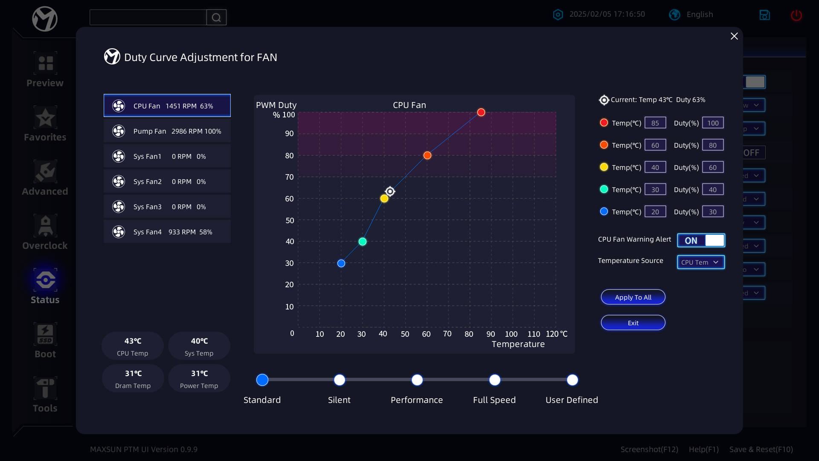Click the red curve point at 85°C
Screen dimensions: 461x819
[x=481, y=112]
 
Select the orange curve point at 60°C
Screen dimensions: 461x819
[x=427, y=155]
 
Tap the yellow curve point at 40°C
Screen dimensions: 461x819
[x=384, y=198]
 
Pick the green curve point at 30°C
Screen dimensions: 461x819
[x=363, y=242]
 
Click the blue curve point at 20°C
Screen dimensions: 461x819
[x=341, y=263]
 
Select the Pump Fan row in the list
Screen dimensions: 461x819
[x=167, y=131]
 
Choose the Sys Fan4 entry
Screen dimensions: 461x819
[x=167, y=232]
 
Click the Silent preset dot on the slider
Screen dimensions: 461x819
[x=340, y=380]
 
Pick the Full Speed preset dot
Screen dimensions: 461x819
[x=495, y=380]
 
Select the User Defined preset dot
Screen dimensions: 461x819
[x=572, y=380]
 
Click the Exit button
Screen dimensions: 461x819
[x=633, y=323]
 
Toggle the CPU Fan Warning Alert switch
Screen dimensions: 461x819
[x=701, y=240]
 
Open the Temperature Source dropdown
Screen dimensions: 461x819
[x=701, y=262]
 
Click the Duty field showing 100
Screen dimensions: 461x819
[x=713, y=123]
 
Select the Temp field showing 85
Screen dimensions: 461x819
[x=655, y=123]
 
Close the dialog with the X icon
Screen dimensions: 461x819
[x=734, y=36]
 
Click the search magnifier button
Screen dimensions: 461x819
[x=216, y=18]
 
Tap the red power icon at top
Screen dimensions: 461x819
[x=796, y=15]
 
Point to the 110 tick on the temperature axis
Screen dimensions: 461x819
[x=534, y=334]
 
